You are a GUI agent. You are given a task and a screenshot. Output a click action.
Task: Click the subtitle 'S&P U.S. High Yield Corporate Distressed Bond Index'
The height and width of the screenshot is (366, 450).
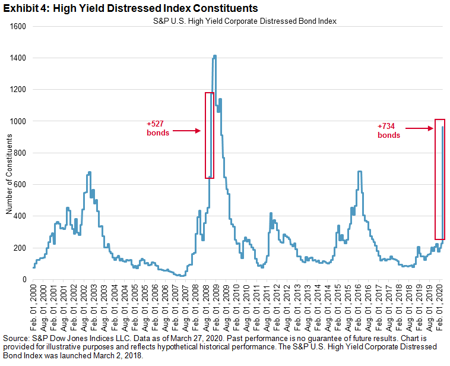[242, 21]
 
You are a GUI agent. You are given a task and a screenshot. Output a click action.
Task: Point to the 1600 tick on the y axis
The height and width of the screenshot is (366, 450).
[20, 26]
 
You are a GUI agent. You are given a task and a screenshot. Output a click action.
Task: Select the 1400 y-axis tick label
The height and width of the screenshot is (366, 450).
[20, 58]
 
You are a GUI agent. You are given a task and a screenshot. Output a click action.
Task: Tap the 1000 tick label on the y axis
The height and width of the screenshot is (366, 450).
[20, 121]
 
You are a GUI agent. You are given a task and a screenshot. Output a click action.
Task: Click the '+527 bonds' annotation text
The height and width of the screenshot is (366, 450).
[158, 128]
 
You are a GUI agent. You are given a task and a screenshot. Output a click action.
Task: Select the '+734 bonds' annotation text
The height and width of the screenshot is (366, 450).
[389, 130]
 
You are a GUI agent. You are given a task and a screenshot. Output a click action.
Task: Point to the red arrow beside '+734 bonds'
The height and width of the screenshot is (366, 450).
[422, 127]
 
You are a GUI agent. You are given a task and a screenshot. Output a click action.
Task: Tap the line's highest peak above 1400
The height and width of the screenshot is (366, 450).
[214, 56]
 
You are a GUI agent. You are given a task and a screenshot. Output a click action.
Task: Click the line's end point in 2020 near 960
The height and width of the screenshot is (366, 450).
[443, 127]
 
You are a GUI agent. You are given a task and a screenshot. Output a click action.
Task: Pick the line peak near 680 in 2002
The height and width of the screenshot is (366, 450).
[89, 172]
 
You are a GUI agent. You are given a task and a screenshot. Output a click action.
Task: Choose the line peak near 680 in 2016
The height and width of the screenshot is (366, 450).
[360, 172]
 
